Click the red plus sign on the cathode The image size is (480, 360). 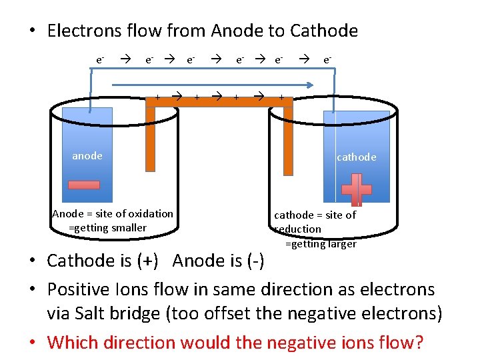[x=357, y=190]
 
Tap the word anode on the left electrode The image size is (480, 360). [x=87, y=156]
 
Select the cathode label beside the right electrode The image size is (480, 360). [x=356, y=157]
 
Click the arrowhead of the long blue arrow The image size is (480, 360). [x=310, y=85]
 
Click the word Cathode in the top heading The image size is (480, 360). [x=325, y=31]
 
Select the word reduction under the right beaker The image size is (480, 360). [x=299, y=229]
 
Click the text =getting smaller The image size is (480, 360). [x=107, y=228]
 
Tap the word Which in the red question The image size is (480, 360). [x=72, y=343]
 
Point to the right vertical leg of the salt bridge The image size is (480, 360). [x=288, y=140]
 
